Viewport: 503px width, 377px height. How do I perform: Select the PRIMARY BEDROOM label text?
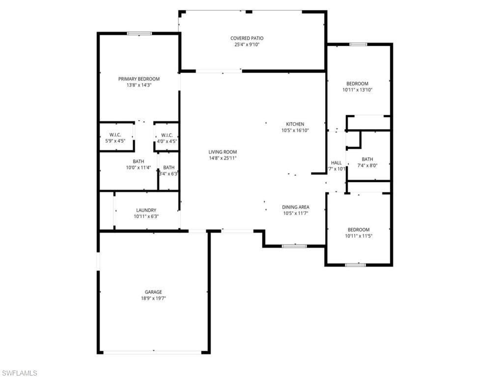tap(139, 79)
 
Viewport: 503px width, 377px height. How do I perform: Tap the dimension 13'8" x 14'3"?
tap(139, 85)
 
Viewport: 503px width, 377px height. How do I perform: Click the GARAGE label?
tap(153, 292)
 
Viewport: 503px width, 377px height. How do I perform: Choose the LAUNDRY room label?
tap(146, 210)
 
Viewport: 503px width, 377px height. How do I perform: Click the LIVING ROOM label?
tap(223, 152)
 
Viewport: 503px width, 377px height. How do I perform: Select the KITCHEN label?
tap(295, 124)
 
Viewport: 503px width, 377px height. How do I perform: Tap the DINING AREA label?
tap(296, 207)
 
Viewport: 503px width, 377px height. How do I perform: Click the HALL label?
tap(336, 163)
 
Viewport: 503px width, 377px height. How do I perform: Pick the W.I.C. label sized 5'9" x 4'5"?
tap(115, 135)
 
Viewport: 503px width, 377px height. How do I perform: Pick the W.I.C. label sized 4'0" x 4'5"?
tap(167, 135)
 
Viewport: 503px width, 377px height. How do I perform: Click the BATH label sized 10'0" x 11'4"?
tap(139, 162)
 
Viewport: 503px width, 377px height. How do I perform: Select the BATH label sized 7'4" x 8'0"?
tap(367, 159)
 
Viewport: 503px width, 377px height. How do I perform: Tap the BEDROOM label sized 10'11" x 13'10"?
tap(358, 83)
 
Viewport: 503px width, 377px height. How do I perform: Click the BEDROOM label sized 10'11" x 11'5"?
tap(359, 230)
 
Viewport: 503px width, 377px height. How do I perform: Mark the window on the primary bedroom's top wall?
tap(140, 33)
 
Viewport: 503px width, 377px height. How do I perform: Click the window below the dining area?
tap(294, 246)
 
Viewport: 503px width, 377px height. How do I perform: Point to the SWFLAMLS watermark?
tap(19, 373)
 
